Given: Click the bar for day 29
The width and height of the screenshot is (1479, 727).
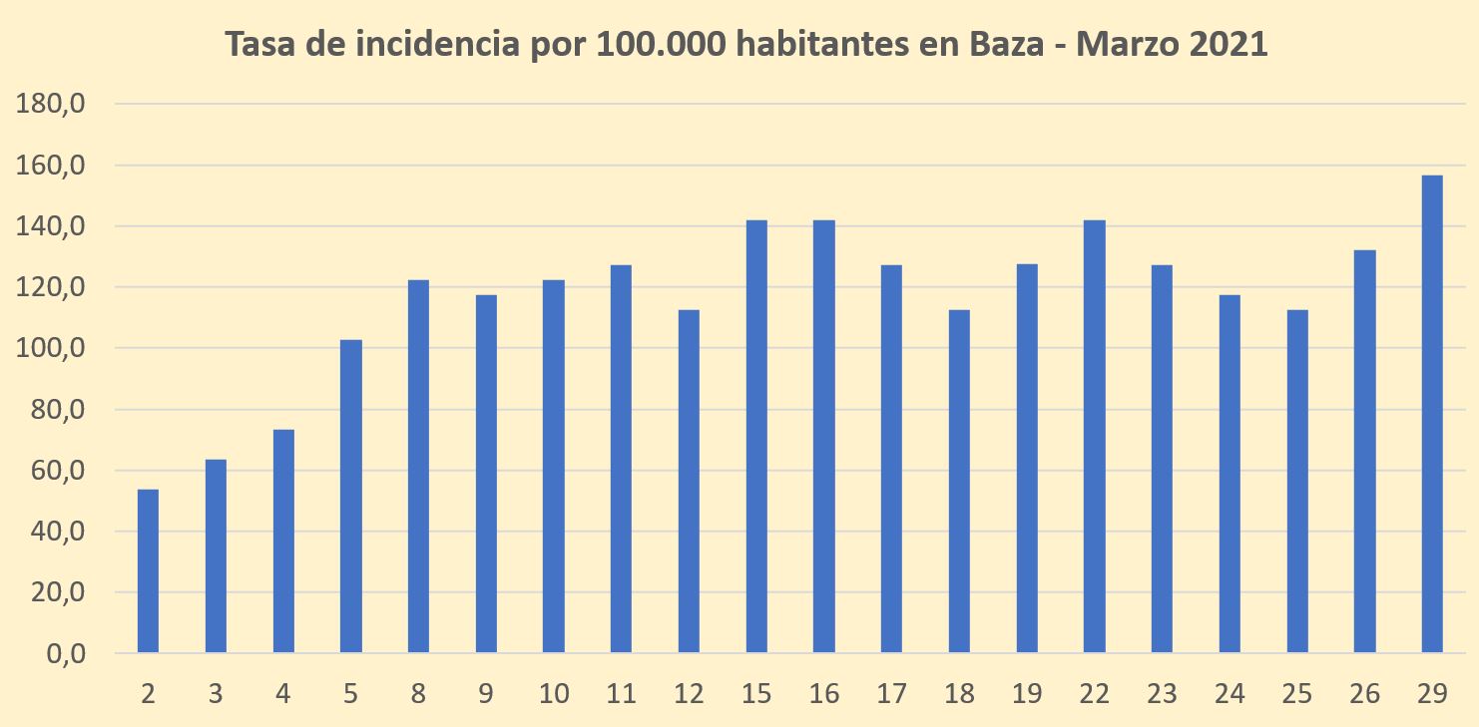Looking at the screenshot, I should [1432, 414].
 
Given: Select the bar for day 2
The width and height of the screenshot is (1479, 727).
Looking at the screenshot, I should [148, 571].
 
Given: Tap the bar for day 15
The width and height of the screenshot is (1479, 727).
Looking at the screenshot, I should [756, 437].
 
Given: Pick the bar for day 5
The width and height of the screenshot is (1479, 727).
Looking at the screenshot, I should [350, 497].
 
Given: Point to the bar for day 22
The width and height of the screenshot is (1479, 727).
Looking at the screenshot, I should [1095, 437].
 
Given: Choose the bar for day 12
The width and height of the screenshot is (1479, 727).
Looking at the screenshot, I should [689, 482].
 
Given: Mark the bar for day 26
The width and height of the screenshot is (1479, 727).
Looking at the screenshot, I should [1364, 452].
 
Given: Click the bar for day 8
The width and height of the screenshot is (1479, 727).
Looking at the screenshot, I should [418, 467].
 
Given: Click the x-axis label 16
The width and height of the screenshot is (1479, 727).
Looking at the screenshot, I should [824, 694].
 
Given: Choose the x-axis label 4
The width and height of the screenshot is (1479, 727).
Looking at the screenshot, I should [283, 694].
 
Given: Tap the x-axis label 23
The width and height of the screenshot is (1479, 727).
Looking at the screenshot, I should [1162, 694].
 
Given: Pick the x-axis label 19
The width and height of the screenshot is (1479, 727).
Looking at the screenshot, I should [1027, 694].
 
